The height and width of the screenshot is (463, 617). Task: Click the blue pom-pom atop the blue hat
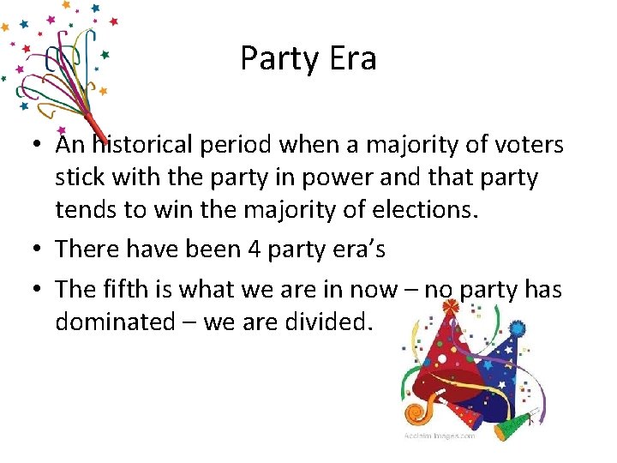coord(517,328)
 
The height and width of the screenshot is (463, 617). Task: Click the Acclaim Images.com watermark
coord(440,436)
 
